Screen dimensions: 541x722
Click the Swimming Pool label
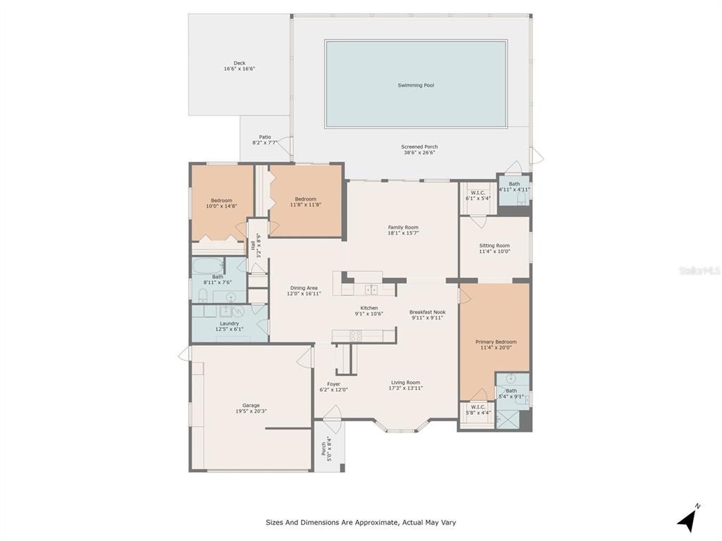pyautogui.click(x=415, y=85)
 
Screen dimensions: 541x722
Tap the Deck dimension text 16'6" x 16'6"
pyautogui.click(x=239, y=69)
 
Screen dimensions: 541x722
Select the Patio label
pyautogui.click(x=264, y=137)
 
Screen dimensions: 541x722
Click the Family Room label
pyautogui.click(x=403, y=228)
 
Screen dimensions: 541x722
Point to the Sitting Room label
pyautogui.click(x=494, y=246)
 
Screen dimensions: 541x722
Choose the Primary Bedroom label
pyautogui.click(x=496, y=342)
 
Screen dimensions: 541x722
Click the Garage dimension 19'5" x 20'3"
pyautogui.click(x=251, y=411)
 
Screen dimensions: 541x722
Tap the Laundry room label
pyautogui.click(x=229, y=323)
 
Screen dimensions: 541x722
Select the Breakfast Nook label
pyautogui.click(x=427, y=312)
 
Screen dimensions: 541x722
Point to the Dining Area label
pyautogui.click(x=304, y=287)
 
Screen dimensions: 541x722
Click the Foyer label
pyautogui.click(x=334, y=384)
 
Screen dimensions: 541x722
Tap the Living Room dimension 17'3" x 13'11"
pyautogui.click(x=406, y=388)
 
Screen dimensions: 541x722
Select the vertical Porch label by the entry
pyautogui.click(x=324, y=447)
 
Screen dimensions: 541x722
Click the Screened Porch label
pyautogui.click(x=420, y=147)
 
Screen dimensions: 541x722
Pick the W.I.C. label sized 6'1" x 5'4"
pyautogui.click(x=477, y=193)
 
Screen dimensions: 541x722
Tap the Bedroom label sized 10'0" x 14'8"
pyautogui.click(x=221, y=200)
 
